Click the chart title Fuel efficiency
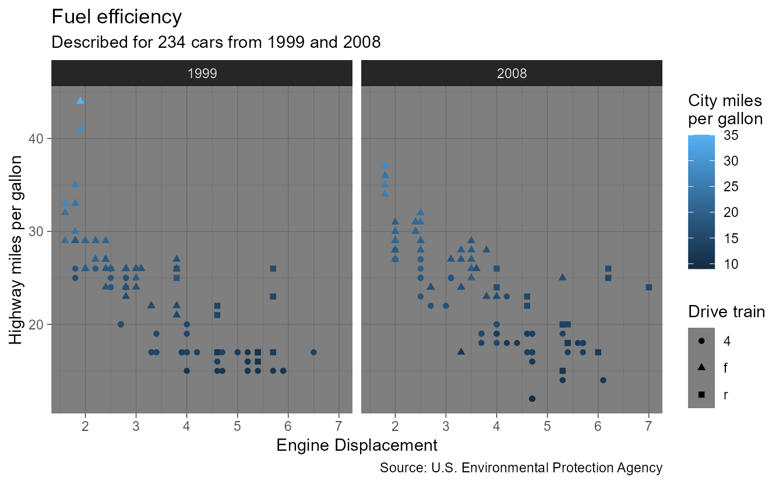coord(117,17)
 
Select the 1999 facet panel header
coord(202,73)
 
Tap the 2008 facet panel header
coord(512,73)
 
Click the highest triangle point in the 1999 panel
coord(80,101)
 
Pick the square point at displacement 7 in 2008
coord(648,287)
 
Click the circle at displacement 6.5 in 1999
coord(313,352)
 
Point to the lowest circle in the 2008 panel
coord(532,399)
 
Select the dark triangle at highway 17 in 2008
coord(461,352)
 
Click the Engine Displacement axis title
coord(357,446)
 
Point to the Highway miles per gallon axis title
coord(17,250)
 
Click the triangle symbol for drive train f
coord(701,367)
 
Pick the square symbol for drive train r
coord(701,395)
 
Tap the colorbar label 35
coord(731,136)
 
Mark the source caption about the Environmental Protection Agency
coord(521,468)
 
